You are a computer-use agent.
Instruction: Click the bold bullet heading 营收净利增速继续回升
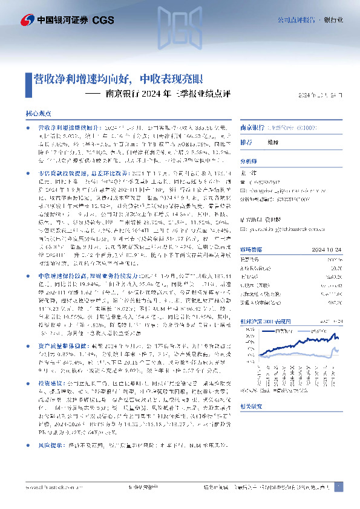pos(65,129)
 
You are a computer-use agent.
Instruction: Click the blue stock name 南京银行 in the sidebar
pos(253,128)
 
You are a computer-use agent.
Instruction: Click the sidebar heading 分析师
pos(249,161)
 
